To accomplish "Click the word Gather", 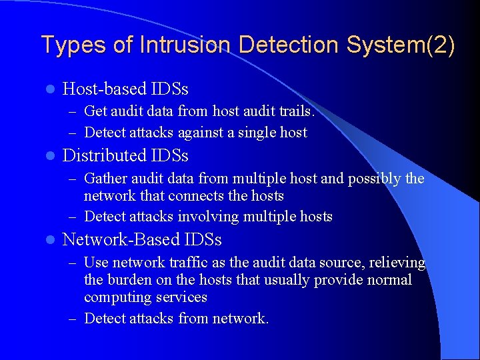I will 105,179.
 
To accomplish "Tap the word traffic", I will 177,263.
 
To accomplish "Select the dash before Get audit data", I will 77,111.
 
